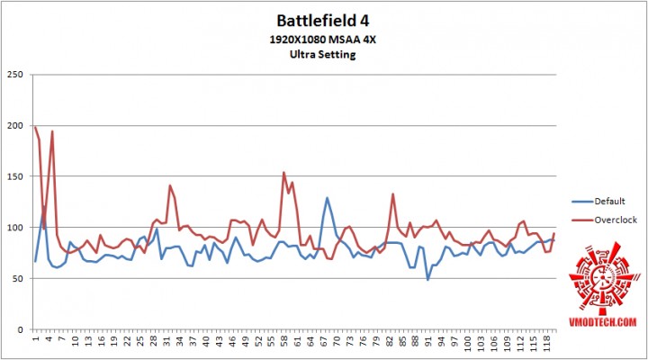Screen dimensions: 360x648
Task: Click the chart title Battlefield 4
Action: (323, 20)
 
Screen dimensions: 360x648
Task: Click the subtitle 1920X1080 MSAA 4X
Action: (323, 39)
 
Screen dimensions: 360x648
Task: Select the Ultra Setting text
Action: (323, 54)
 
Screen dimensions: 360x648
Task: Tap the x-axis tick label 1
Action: (35, 340)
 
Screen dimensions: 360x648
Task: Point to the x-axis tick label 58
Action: (283, 343)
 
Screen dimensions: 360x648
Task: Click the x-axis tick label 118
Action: (545, 345)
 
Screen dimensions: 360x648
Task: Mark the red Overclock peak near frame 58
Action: (284, 173)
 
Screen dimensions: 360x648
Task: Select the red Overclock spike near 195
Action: (52, 131)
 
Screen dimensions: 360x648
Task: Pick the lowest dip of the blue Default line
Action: (428, 280)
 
